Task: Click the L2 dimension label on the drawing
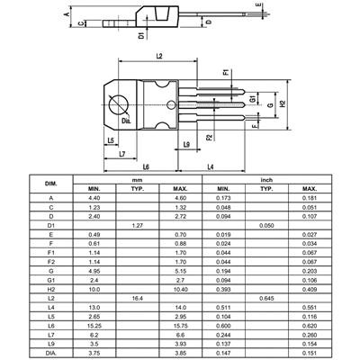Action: pos(158,57)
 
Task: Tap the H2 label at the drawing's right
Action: pos(281,104)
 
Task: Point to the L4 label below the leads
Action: pos(210,167)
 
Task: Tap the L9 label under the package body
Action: pos(185,144)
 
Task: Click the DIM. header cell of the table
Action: pos(50,184)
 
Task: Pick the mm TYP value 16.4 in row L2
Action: pos(138,297)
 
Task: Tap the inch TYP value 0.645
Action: pos(267,297)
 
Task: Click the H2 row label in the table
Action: pos(50,288)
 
